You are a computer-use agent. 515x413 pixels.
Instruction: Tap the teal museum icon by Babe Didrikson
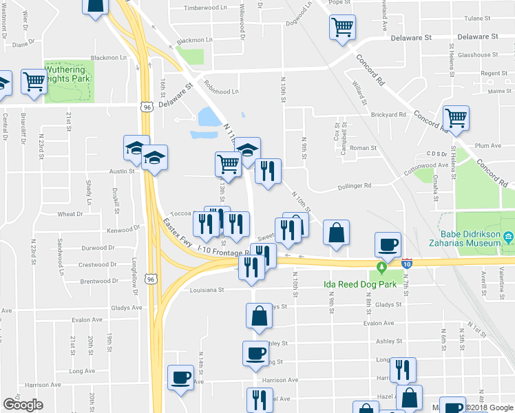(507, 238)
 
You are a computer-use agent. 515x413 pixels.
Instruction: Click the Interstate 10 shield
(408, 264)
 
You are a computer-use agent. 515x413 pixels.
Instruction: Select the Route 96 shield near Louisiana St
(151, 279)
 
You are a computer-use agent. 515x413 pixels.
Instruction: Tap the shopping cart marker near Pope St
(342, 28)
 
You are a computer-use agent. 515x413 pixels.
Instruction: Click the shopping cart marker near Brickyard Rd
(456, 118)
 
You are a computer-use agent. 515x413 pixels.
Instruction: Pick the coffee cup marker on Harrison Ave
(181, 378)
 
